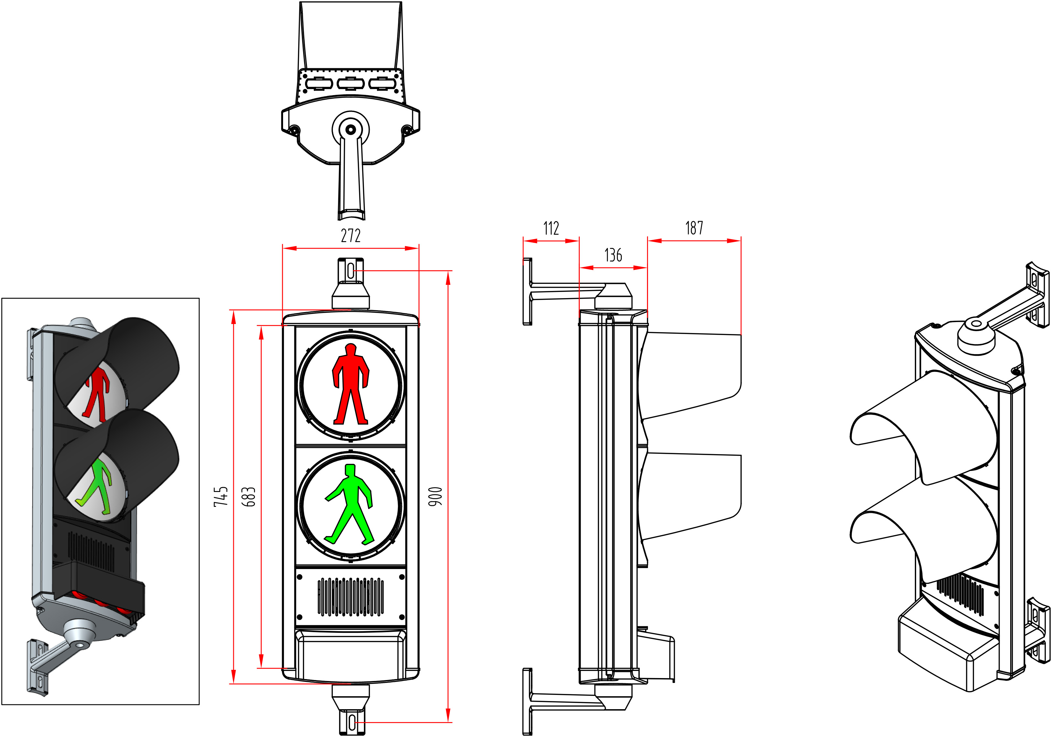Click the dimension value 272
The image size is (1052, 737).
click(x=351, y=236)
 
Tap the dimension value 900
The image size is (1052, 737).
click(x=436, y=497)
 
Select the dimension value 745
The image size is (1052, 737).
click(x=221, y=497)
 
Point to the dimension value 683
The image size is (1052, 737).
click(x=248, y=497)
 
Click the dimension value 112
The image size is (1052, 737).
click(x=551, y=228)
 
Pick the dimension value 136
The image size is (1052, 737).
click(x=613, y=255)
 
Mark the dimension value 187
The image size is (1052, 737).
click(x=694, y=228)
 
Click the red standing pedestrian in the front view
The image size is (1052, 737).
click(x=351, y=384)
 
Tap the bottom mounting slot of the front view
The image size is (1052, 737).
click(x=352, y=722)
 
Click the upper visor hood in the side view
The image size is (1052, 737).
click(x=690, y=374)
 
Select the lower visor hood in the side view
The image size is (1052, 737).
click(x=690, y=497)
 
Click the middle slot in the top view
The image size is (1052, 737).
click(x=351, y=84)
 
